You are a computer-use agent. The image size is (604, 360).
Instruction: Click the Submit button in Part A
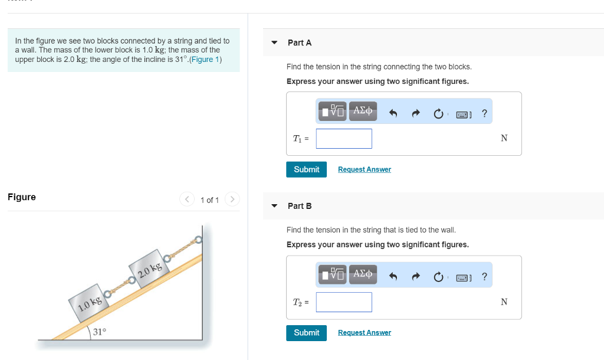point(306,169)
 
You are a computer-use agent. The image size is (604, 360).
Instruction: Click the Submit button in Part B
point(306,333)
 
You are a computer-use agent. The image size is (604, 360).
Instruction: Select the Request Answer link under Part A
point(364,169)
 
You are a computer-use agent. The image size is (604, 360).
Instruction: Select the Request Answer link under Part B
point(364,333)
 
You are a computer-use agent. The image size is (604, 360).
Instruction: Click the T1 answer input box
point(344,139)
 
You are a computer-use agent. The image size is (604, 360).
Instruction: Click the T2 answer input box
point(344,302)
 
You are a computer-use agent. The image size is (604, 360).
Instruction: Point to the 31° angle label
point(100,332)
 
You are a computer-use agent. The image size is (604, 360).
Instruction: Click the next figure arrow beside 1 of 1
point(232,199)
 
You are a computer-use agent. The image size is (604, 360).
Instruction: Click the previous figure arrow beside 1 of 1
point(187,199)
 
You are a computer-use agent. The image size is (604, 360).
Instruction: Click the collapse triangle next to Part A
point(274,43)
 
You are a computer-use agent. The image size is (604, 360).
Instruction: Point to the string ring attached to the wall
point(198,240)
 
